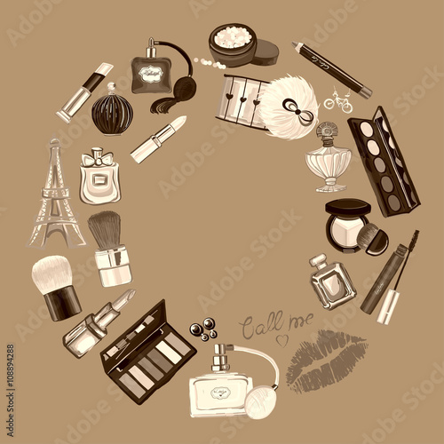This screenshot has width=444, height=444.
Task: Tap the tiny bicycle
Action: (337, 101)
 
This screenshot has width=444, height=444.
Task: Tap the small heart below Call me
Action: (281, 339)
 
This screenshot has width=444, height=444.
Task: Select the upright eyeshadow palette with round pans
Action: (382, 160)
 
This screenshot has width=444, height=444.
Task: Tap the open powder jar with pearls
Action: (240, 44)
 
